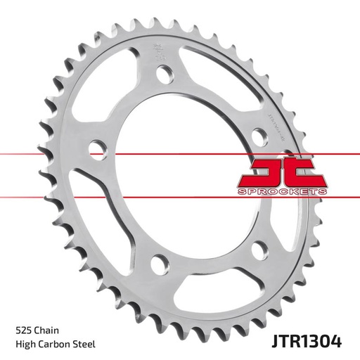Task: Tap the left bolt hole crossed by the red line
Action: tap(97, 147)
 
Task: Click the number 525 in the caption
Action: tap(23, 330)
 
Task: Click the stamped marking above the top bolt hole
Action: tap(155, 51)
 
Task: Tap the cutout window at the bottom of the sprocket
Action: tap(211, 281)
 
